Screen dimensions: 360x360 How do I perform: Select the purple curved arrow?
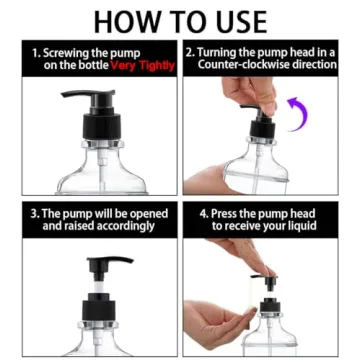tap(296, 113)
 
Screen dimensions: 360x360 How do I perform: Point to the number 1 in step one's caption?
tap(36, 51)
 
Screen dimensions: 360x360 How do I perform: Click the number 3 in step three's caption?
tap(34, 213)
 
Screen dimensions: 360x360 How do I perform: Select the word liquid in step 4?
tap(299, 226)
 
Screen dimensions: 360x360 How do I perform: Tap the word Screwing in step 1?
tap(68, 51)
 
